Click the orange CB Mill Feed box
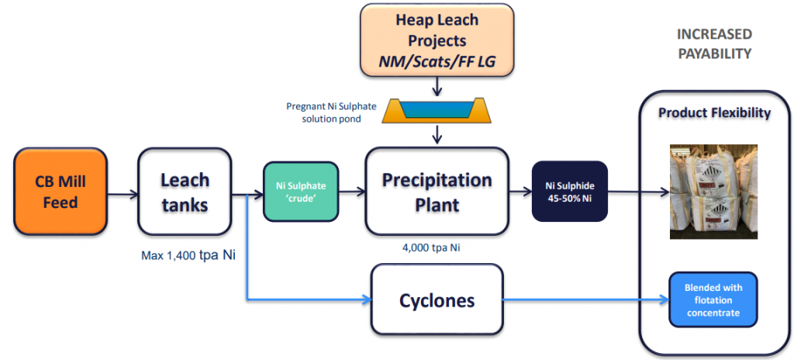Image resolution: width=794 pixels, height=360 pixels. coord(60,192)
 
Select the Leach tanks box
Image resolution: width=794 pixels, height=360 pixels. coord(185,192)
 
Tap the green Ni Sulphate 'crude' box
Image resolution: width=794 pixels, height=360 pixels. coord(300,192)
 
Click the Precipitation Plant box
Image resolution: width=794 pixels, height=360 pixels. coord(437,191)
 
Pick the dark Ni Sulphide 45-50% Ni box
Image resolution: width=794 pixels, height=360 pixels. coord(570,191)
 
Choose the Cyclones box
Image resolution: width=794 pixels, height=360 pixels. coord(437,299)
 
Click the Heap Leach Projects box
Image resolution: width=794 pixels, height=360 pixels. coord(437,39)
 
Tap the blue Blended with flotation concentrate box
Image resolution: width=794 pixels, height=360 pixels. coord(713,299)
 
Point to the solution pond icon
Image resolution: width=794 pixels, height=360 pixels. coord(437,110)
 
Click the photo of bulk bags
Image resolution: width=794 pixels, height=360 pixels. coord(713,192)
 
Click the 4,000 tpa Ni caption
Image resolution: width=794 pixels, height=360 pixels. coord(436,248)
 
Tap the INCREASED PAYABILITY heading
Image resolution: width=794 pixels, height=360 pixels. coord(714,43)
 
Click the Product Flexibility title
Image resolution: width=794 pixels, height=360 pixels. coord(714,113)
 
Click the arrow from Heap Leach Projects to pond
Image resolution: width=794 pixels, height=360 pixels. coord(437,85)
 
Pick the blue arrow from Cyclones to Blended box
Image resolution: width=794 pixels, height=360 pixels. coord(586,299)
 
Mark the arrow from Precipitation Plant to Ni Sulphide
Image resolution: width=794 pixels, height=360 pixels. coord(520,192)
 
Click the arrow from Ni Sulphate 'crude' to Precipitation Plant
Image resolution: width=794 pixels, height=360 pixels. coord(352,192)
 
